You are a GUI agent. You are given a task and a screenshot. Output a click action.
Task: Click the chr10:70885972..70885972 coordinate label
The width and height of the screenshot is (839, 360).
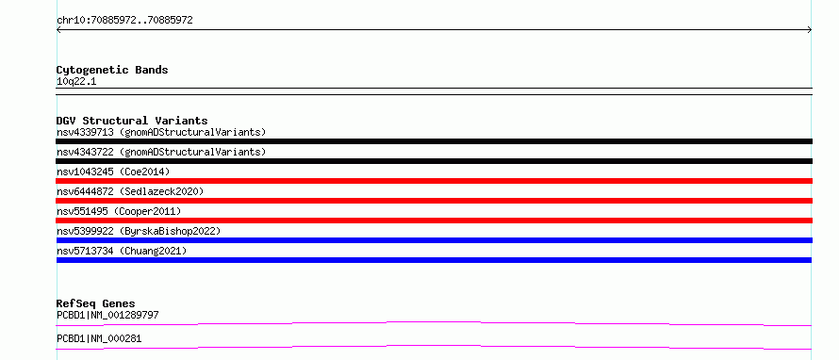[x=124, y=21]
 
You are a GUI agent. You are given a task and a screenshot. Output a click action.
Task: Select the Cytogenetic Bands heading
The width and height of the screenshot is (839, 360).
[x=112, y=70]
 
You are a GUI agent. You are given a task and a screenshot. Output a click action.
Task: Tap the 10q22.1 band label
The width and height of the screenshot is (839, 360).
[x=76, y=82]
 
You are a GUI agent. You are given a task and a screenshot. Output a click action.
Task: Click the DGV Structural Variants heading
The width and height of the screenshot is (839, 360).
[x=132, y=121]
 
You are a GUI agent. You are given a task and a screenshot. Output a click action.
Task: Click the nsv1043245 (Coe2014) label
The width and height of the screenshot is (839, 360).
[x=113, y=172]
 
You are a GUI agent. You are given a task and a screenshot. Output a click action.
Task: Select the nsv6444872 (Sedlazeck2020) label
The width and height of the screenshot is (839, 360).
[x=130, y=191]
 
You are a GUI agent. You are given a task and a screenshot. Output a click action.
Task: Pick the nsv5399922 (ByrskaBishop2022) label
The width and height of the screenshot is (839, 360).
[x=139, y=231]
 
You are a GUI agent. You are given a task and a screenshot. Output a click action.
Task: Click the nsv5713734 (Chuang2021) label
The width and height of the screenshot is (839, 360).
[x=122, y=251]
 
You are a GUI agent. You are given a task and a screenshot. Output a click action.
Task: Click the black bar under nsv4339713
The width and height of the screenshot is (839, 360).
[x=434, y=141]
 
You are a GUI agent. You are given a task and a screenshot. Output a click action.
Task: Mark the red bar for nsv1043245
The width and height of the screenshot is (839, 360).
[x=434, y=181]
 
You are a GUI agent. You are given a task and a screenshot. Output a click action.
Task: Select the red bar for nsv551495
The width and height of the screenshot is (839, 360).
[x=434, y=221]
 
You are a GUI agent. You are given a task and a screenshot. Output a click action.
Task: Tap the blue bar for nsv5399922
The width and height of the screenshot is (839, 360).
[x=434, y=240]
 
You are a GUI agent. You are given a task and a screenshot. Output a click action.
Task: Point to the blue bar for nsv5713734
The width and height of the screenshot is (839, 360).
[x=434, y=260]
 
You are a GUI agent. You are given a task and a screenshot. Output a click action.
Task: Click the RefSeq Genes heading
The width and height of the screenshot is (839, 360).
[x=96, y=303]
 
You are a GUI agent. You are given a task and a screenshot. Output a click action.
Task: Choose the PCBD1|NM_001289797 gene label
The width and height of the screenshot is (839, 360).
[x=107, y=315]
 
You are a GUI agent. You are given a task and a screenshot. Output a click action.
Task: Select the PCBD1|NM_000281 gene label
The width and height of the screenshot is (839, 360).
[x=99, y=339]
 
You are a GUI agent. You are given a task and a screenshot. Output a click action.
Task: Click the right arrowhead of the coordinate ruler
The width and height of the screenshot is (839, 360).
[x=810, y=30]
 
